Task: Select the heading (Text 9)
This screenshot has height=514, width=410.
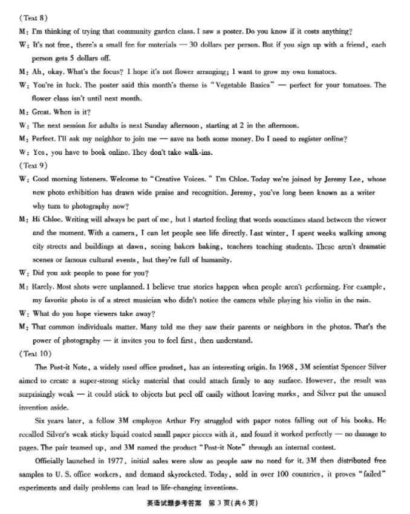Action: [31, 166]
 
